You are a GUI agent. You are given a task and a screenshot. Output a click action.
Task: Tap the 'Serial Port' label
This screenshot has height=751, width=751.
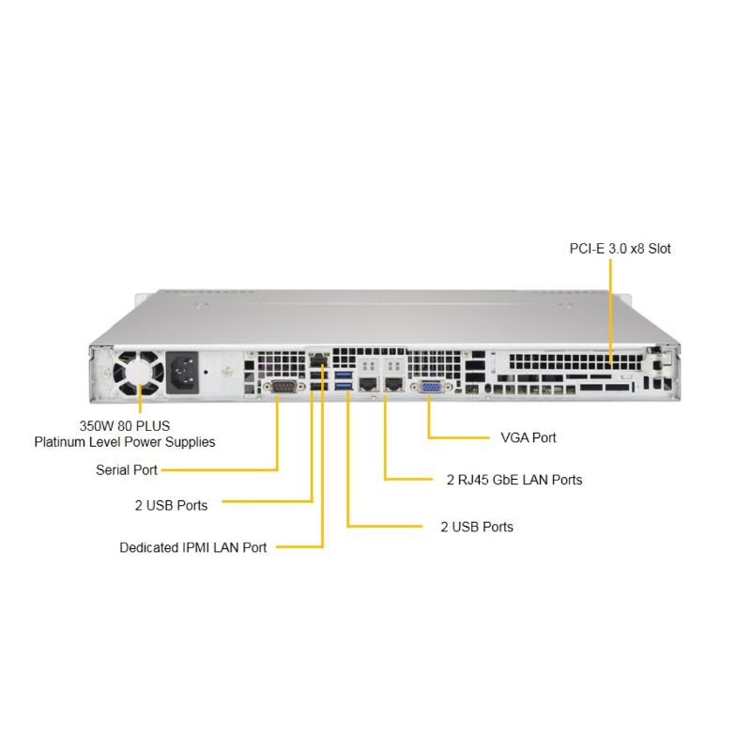(x=127, y=469)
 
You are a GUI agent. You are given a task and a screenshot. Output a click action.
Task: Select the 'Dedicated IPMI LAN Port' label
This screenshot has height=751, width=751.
(x=192, y=547)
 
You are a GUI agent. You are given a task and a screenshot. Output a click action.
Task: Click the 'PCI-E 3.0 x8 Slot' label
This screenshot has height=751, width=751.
(x=620, y=249)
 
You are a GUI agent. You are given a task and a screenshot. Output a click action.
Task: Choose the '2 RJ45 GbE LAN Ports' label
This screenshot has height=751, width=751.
(x=513, y=480)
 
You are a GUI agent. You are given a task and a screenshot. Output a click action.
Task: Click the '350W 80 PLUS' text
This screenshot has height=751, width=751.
(x=124, y=425)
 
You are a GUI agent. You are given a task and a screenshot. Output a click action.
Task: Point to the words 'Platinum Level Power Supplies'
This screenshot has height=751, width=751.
(x=125, y=441)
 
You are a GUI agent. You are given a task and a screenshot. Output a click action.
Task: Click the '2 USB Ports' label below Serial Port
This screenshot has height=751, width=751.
(x=171, y=504)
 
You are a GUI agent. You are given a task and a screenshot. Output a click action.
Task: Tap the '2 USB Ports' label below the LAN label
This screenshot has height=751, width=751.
(x=477, y=527)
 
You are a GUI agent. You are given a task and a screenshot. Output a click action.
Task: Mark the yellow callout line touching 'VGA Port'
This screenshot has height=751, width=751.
(x=460, y=437)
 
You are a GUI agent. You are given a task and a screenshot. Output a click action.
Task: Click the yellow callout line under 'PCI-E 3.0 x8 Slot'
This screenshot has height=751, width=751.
(x=610, y=310)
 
